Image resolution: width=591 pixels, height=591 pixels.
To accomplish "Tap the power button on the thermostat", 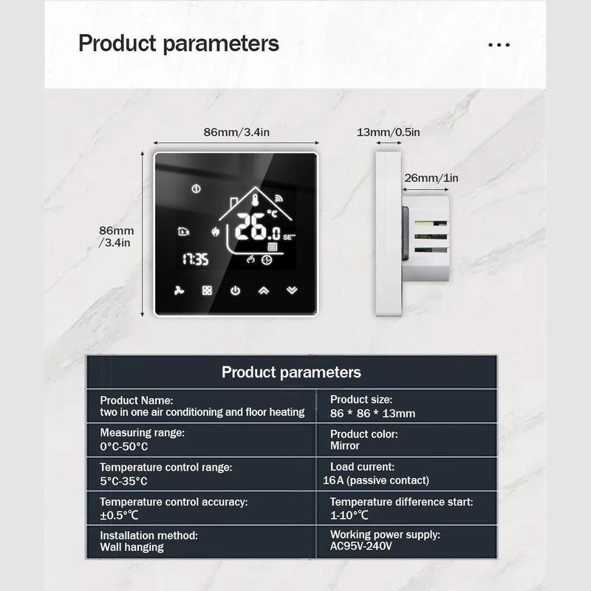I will (x=235, y=290).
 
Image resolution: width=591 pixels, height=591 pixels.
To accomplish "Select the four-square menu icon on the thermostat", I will (x=207, y=290).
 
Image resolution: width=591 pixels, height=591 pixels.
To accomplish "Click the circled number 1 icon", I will (x=196, y=189).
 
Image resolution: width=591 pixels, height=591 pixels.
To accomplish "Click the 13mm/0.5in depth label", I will (x=388, y=132).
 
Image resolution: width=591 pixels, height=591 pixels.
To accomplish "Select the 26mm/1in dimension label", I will (x=431, y=178).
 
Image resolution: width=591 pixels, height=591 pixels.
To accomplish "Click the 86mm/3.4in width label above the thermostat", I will (x=236, y=132).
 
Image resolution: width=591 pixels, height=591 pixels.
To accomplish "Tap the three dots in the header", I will (x=499, y=44).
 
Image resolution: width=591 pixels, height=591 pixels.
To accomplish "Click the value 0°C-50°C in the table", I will (x=125, y=446).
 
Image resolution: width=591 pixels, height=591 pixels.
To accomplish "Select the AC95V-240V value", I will (x=361, y=547).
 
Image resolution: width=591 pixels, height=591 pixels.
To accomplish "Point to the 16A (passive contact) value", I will (x=376, y=480).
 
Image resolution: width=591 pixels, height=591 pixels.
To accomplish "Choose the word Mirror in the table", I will (x=345, y=446).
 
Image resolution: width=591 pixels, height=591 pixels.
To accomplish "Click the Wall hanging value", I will (x=132, y=547).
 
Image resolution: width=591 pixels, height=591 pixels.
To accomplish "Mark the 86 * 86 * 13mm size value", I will (x=372, y=413).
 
